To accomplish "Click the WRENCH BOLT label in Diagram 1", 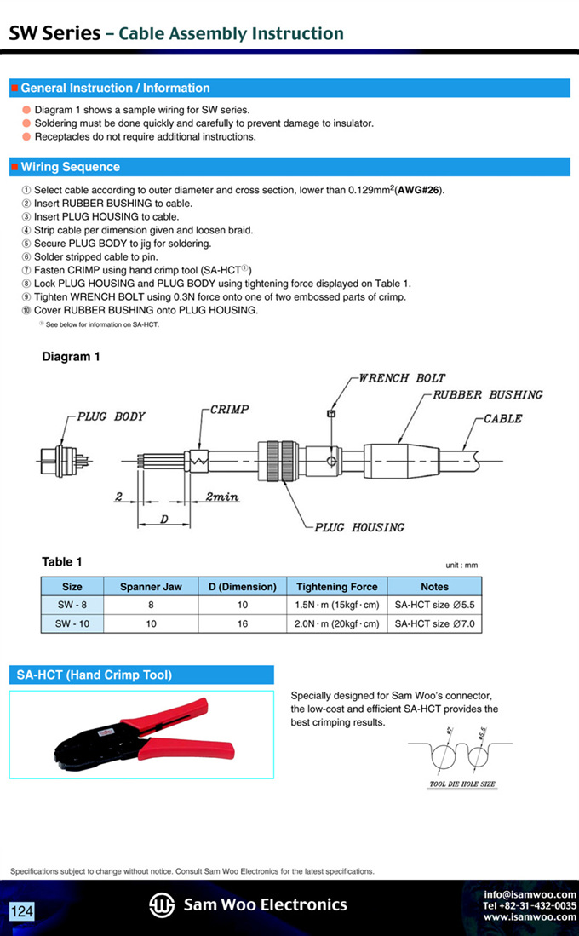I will point(401,377).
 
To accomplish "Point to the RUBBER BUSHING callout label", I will point(487,394).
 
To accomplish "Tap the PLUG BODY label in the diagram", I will point(111,416).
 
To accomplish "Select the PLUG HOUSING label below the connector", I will point(359,527).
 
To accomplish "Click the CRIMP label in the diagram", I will point(229,410).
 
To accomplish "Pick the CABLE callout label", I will point(502,419).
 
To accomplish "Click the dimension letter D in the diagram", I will point(164,519).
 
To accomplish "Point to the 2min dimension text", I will point(221,497).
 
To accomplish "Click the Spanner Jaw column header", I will point(151,587).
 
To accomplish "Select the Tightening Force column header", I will point(336,587).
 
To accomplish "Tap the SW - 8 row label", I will point(72,605).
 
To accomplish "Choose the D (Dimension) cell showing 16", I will point(243,623).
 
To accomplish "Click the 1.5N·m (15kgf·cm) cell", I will point(336,605).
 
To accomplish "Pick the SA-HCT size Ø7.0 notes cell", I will point(434,623).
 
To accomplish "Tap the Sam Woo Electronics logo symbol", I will point(162,905).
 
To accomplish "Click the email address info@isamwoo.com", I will point(530,894).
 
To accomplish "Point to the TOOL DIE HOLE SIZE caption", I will point(462,784).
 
